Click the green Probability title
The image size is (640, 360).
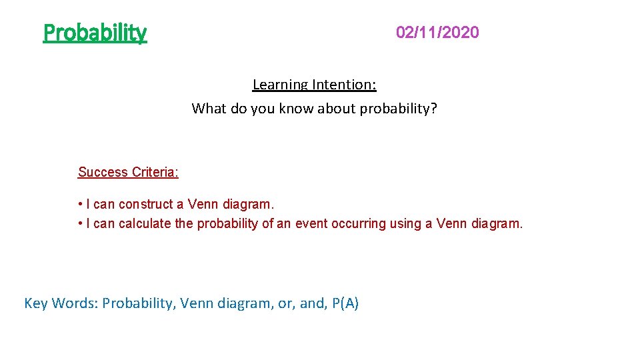tap(95, 32)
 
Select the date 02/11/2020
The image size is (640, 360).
tap(437, 32)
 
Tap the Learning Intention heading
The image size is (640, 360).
tap(314, 85)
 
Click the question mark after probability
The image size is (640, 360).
tap(434, 108)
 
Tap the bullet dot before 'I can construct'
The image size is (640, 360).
tap(80, 203)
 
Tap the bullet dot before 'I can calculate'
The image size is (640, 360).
tap(80, 224)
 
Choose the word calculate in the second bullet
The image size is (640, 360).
tap(145, 224)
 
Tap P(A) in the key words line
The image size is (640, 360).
tap(345, 303)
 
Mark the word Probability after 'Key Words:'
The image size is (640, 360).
tap(137, 303)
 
